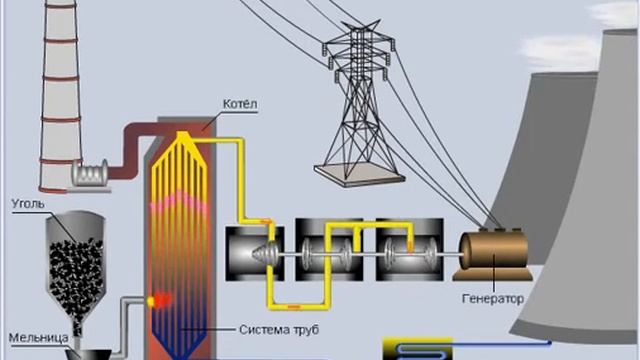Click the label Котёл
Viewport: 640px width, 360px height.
[240, 104]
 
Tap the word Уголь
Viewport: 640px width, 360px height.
[28, 203]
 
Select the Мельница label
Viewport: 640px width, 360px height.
[39, 338]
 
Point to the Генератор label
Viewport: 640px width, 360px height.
[493, 299]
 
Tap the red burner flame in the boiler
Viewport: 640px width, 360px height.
[160, 300]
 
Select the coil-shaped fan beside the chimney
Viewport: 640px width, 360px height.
[90, 173]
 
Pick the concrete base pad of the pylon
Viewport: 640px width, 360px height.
[359, 174]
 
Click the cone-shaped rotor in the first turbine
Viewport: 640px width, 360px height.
[266, 253]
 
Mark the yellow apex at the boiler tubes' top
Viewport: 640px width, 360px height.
[182, 136]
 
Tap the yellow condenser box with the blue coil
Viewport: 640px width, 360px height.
[418, 349]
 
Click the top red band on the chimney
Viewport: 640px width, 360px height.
[61, 40]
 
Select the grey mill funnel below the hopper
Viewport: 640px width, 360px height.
[88, 353]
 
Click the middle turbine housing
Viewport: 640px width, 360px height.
[329, 249]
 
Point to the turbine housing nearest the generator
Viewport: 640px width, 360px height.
[409, 249]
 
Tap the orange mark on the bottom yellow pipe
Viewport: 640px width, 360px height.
[294, 306]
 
